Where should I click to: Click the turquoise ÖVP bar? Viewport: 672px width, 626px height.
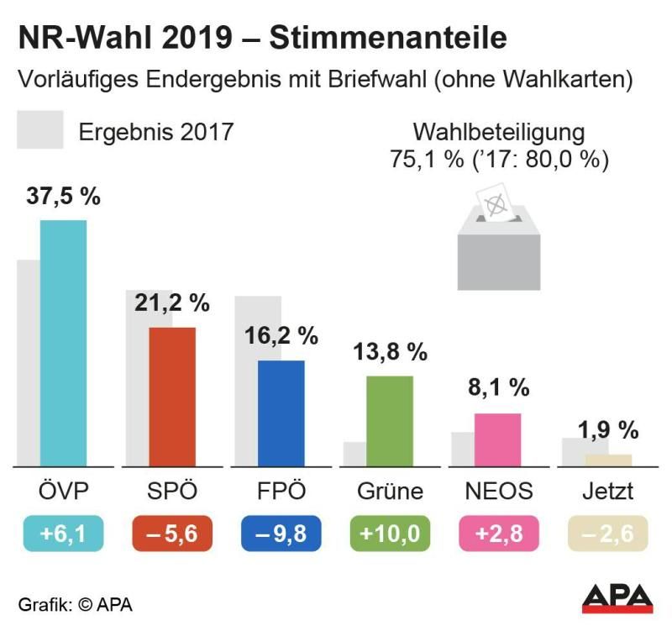(x=64, y=343)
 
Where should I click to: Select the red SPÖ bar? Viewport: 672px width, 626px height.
(x=172, y=396)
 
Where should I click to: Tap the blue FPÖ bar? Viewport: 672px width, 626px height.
(x=281, y=413)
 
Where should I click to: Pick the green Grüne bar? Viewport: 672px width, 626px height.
(x=390, y=420)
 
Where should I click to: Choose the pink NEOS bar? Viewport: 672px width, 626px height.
(x=497, y=439)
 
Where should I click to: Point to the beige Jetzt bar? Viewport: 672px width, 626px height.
(x=607, y=460)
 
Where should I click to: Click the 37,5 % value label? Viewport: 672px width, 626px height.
(x=63, y=197)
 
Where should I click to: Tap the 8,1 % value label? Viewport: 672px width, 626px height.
(x=498, y=388)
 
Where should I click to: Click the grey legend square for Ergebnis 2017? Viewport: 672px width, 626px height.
(x=40, y=130)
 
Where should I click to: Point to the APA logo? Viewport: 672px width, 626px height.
(x=619, y=597)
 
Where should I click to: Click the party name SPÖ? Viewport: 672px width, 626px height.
(x=172, y=491)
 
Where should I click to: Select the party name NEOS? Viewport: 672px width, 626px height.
(x=498, y=491)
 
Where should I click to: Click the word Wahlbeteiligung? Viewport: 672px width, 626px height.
(x=498, y=133)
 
